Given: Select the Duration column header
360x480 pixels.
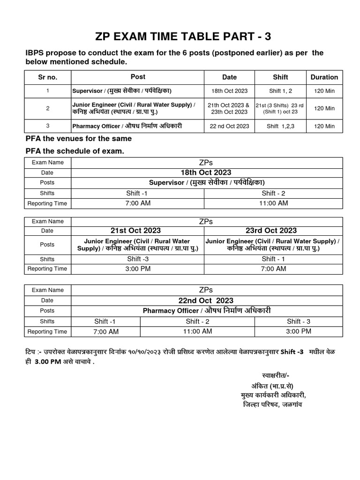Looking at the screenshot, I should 324,77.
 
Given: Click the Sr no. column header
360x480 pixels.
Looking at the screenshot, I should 47,77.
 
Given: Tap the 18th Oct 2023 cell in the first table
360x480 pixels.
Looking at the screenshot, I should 229,91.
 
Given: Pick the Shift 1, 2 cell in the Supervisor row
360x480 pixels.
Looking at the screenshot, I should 280,91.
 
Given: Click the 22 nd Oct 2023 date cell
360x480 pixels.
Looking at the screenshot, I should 229,126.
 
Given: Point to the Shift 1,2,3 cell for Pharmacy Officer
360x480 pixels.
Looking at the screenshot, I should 280,126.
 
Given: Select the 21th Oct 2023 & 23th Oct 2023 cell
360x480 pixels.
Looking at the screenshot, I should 229,108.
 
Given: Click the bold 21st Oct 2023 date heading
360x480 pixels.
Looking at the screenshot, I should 135,230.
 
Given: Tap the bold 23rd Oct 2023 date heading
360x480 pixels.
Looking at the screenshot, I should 271,230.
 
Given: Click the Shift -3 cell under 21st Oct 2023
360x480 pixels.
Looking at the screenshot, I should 138,259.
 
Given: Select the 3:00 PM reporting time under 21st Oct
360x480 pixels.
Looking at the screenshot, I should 138,269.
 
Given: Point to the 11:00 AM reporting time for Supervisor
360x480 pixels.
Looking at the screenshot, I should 273,203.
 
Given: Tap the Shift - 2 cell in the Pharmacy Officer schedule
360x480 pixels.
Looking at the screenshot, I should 198,321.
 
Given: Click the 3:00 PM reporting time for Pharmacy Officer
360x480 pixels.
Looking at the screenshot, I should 299,331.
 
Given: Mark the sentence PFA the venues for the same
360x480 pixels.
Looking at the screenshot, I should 78,138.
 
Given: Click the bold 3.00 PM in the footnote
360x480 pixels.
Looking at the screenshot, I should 48,361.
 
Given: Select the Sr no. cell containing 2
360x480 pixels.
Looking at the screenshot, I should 47,108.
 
